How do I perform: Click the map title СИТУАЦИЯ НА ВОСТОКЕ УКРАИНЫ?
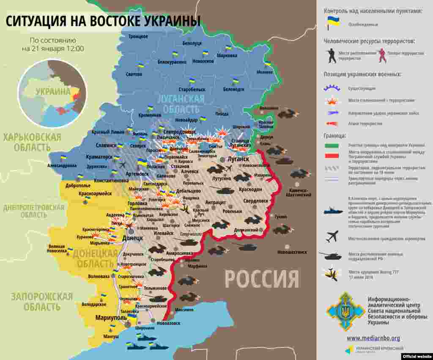pyautogui.click(x=103, y=21)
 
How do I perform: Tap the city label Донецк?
pyautogui.click(x=132, y=238)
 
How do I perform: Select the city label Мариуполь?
pyautogui.click(x=111, y=318)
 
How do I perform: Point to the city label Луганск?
pyautogui.click(x=238, y=159)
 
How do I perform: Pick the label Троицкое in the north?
pyautogui.click(x=138, y=37)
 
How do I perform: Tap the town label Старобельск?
pyautogui.click(x=192, y=90)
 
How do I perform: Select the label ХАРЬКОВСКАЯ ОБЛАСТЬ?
pyautogui.click(x=32, y=142)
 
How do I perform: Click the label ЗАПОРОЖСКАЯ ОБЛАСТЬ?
pyautogui.click(x=42, y=301)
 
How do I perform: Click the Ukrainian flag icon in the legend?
pyautogui.click(x=333, y=23)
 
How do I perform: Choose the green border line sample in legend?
pyautogui.click(x=332, y=146)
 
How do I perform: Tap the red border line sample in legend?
pyautogui.click(x=332, y=156)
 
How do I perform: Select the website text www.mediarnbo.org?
pyautogui.click(x=373, y=338)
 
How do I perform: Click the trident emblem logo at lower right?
pyautogui.click(x=345, y=311)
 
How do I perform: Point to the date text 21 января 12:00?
pyautogui.click(x=53, y=49)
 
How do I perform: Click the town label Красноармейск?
pyautogui.click(x=95, y=193)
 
